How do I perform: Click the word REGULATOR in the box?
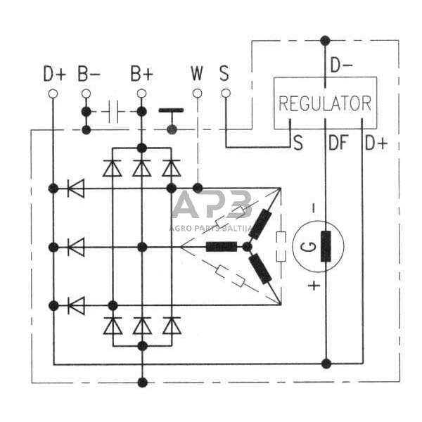(x=325, y=103)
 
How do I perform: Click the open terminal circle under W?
(x=197, y=93)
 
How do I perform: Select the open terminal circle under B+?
(x=141, y=93)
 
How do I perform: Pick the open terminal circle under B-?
(x=86, y=93)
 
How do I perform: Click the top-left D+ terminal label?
(x=53, y=74)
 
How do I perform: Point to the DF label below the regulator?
(x=337, y=144)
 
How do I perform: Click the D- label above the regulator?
(x=341, y=65)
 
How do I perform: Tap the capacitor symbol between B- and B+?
(x=113, y=111)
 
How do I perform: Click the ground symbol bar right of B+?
(x=171, y=110)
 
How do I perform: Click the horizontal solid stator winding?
(x=221, y=247)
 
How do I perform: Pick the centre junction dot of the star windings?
(x=247, y=247)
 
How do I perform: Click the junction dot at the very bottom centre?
(x=143, y=383)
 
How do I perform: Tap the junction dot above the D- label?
(x=325, y=40)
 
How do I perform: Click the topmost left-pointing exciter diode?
(x=75, y=188)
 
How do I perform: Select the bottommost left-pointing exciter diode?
(x=75, y=306)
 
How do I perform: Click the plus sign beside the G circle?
(x=314, y=286)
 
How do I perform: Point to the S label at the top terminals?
(x=224, y=74)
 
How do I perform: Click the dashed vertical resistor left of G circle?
(x=281, y=246)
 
